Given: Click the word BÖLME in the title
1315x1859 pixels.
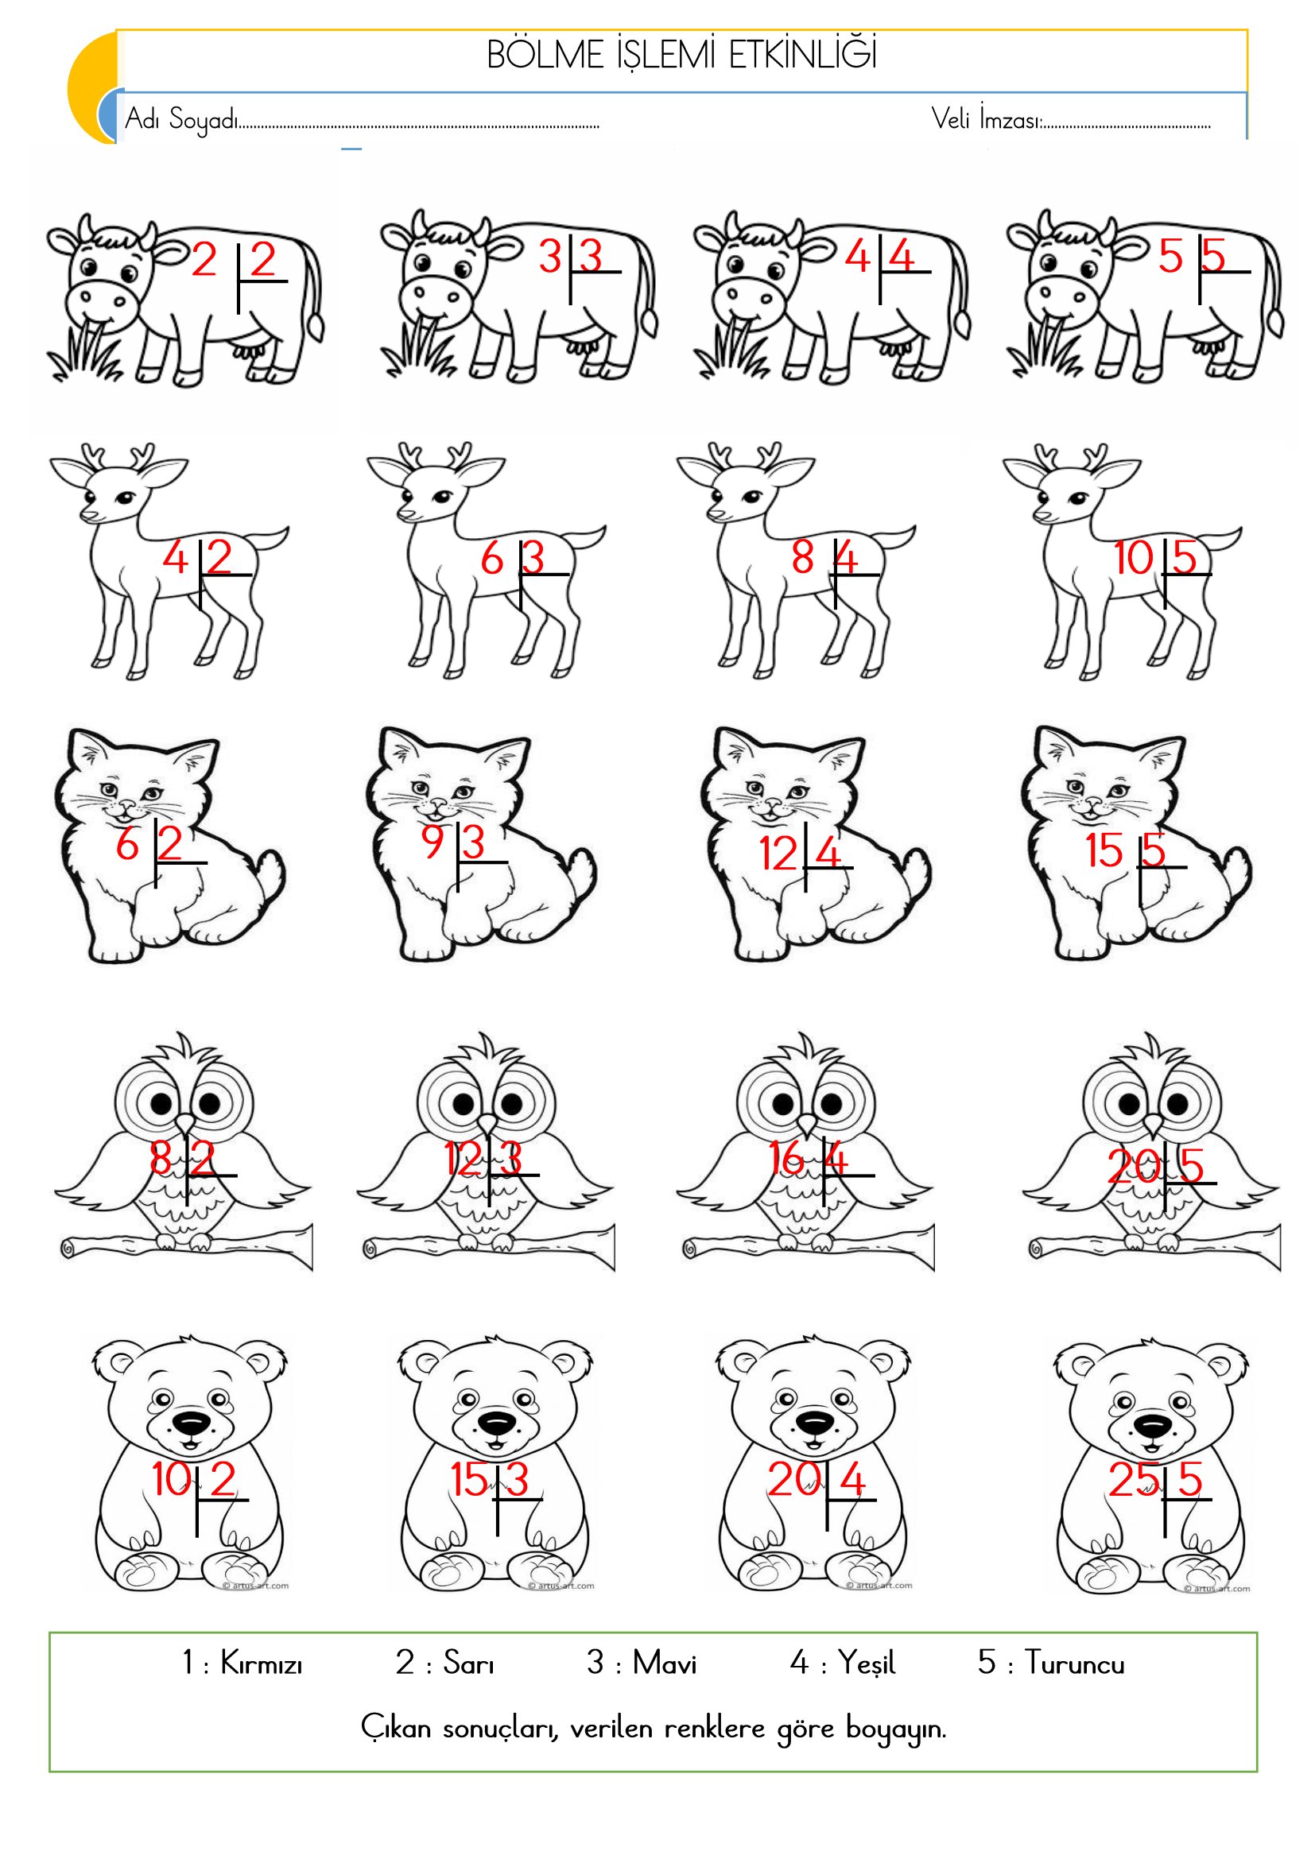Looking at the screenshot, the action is click(545, 56).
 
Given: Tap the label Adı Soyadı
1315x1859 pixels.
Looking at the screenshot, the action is click(181, 119).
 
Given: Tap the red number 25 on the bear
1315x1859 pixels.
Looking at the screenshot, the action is click(1133, 1481).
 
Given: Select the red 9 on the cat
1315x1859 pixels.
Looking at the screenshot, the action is click(433, 842).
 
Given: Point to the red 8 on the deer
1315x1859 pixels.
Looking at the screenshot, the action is click(802, 557).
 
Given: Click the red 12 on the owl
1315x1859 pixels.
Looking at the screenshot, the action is click(463, 1159).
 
